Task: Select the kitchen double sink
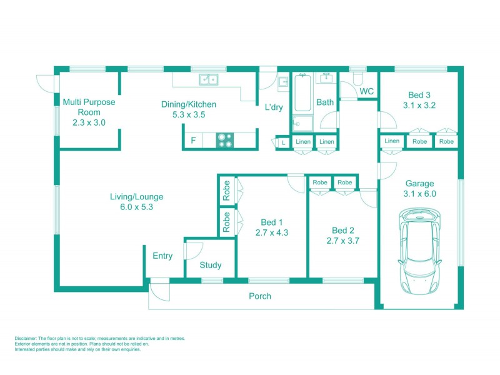point(208,79)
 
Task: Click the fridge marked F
point(193,141)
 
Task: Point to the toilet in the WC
point(358,78)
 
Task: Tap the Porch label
point(260,296)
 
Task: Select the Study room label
point(211,265)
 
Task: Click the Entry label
point(162,256)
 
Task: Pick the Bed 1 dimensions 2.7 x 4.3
point(272,232)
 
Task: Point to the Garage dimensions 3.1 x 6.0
point(421,194)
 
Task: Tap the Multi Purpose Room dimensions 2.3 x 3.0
point(89,122)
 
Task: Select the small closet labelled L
point(283,143)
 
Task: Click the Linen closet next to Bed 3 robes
point(392,141)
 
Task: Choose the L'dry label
point(274,107)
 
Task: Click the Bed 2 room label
point(343,229)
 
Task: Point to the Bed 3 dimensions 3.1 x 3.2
point(419,106)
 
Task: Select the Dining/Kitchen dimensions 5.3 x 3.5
point(189,115)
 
